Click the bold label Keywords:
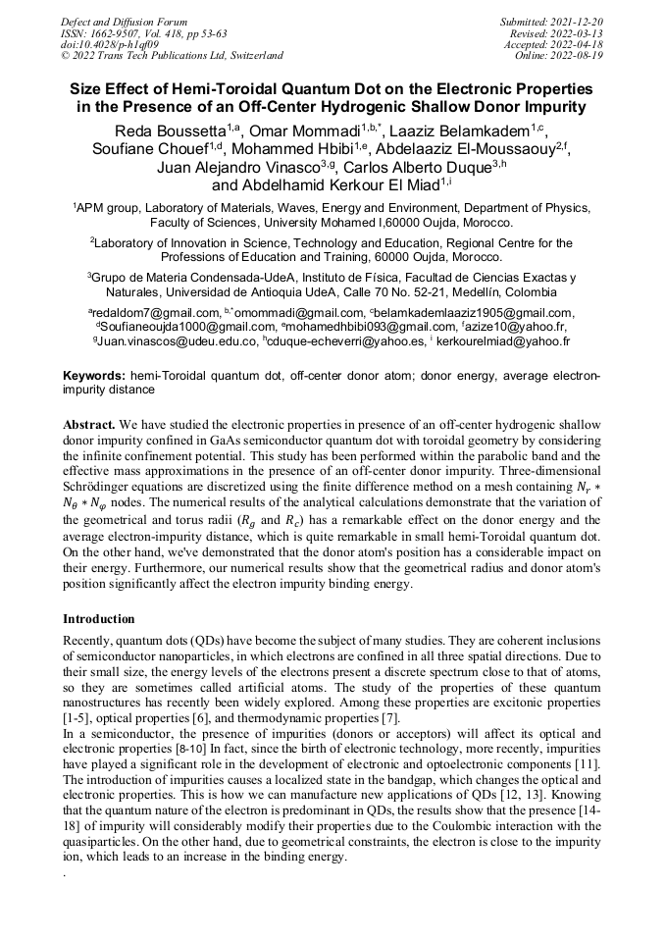(x=93, y=376)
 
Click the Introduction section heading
(x=99, y=619)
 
